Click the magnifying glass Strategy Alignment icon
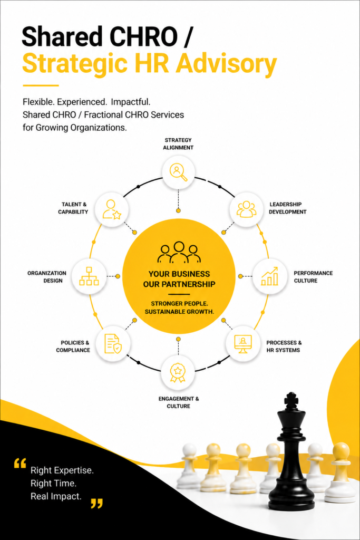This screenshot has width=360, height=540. (x=178, y=171)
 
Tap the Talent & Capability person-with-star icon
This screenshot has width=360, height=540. (x=112, y=209)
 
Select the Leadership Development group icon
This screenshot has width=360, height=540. (x=246, y=209)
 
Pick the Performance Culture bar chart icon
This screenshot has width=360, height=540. (x=269, y=276)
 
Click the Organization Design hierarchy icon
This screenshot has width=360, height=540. (x=89, y=276)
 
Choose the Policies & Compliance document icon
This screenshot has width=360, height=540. (x=113, y=343)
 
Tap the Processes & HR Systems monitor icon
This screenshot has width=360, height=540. (x=243, y=344)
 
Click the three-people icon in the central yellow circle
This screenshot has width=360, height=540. (x=179, y=253)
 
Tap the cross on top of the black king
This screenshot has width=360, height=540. (x=291, y=399)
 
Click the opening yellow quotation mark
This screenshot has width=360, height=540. (x=20, y=463)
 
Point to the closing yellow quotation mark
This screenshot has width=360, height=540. (x=96, y=503)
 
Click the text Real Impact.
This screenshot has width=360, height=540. (x=56, y=496)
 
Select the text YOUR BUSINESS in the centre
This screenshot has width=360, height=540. (x=179, y=274)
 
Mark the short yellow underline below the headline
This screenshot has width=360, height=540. (x=41, y=85)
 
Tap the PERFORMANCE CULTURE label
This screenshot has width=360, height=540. (x=313, y=277)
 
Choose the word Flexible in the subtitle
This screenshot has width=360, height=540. (x=38, y=102)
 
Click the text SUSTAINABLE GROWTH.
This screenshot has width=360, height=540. (x=179, y=312)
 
